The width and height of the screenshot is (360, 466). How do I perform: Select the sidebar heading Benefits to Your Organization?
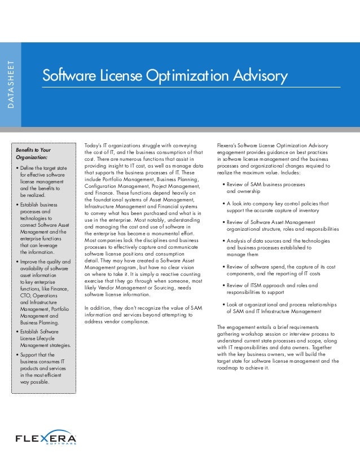[33, 154]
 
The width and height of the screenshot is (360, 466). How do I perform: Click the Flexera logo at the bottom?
[46, 438]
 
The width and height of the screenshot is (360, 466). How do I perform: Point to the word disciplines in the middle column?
[149, 240]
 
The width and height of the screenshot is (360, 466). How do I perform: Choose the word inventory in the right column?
[306, 210]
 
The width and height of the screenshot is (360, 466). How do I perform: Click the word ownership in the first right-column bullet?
[240, 191]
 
